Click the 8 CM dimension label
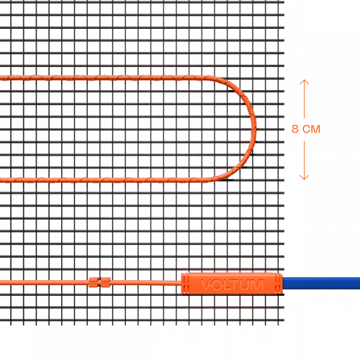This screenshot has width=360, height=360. coord(306,129)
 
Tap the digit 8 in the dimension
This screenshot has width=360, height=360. coord(295,129)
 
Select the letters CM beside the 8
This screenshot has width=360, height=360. coord(311,129)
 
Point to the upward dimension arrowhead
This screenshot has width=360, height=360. coord(304,82)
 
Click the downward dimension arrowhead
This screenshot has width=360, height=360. coord(304,177)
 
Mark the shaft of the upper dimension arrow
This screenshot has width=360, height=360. coord(304,99)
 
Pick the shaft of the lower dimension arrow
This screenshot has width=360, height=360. coord(304,161)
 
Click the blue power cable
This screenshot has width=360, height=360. coord(322,283)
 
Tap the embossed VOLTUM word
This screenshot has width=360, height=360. coord(232,284)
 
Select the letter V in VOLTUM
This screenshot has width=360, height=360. coord(206,284)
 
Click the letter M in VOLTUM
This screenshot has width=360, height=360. coord(258,284)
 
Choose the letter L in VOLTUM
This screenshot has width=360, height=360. coord(227,284)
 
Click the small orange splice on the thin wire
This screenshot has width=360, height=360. coord(99,282)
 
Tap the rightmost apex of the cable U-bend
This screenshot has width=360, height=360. coord(254,129)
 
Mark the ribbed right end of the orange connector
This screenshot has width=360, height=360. coord(279,283)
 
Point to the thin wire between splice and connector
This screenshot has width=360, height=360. coord(145,283)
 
